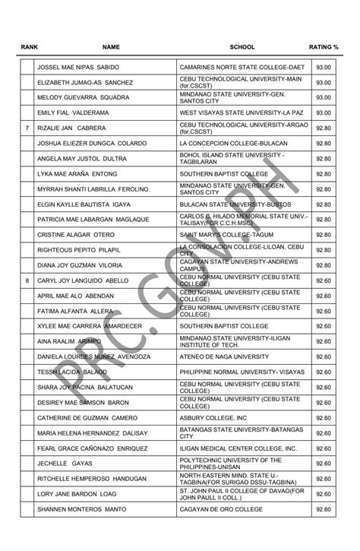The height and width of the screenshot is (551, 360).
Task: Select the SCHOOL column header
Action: pos(242,46)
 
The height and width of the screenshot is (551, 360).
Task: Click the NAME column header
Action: pos(111,46)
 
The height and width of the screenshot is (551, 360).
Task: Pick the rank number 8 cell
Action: pos(27,280)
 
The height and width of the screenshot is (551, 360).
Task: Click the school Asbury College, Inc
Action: pos(213,418)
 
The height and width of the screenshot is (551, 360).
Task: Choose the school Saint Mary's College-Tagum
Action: pos(226,235)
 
